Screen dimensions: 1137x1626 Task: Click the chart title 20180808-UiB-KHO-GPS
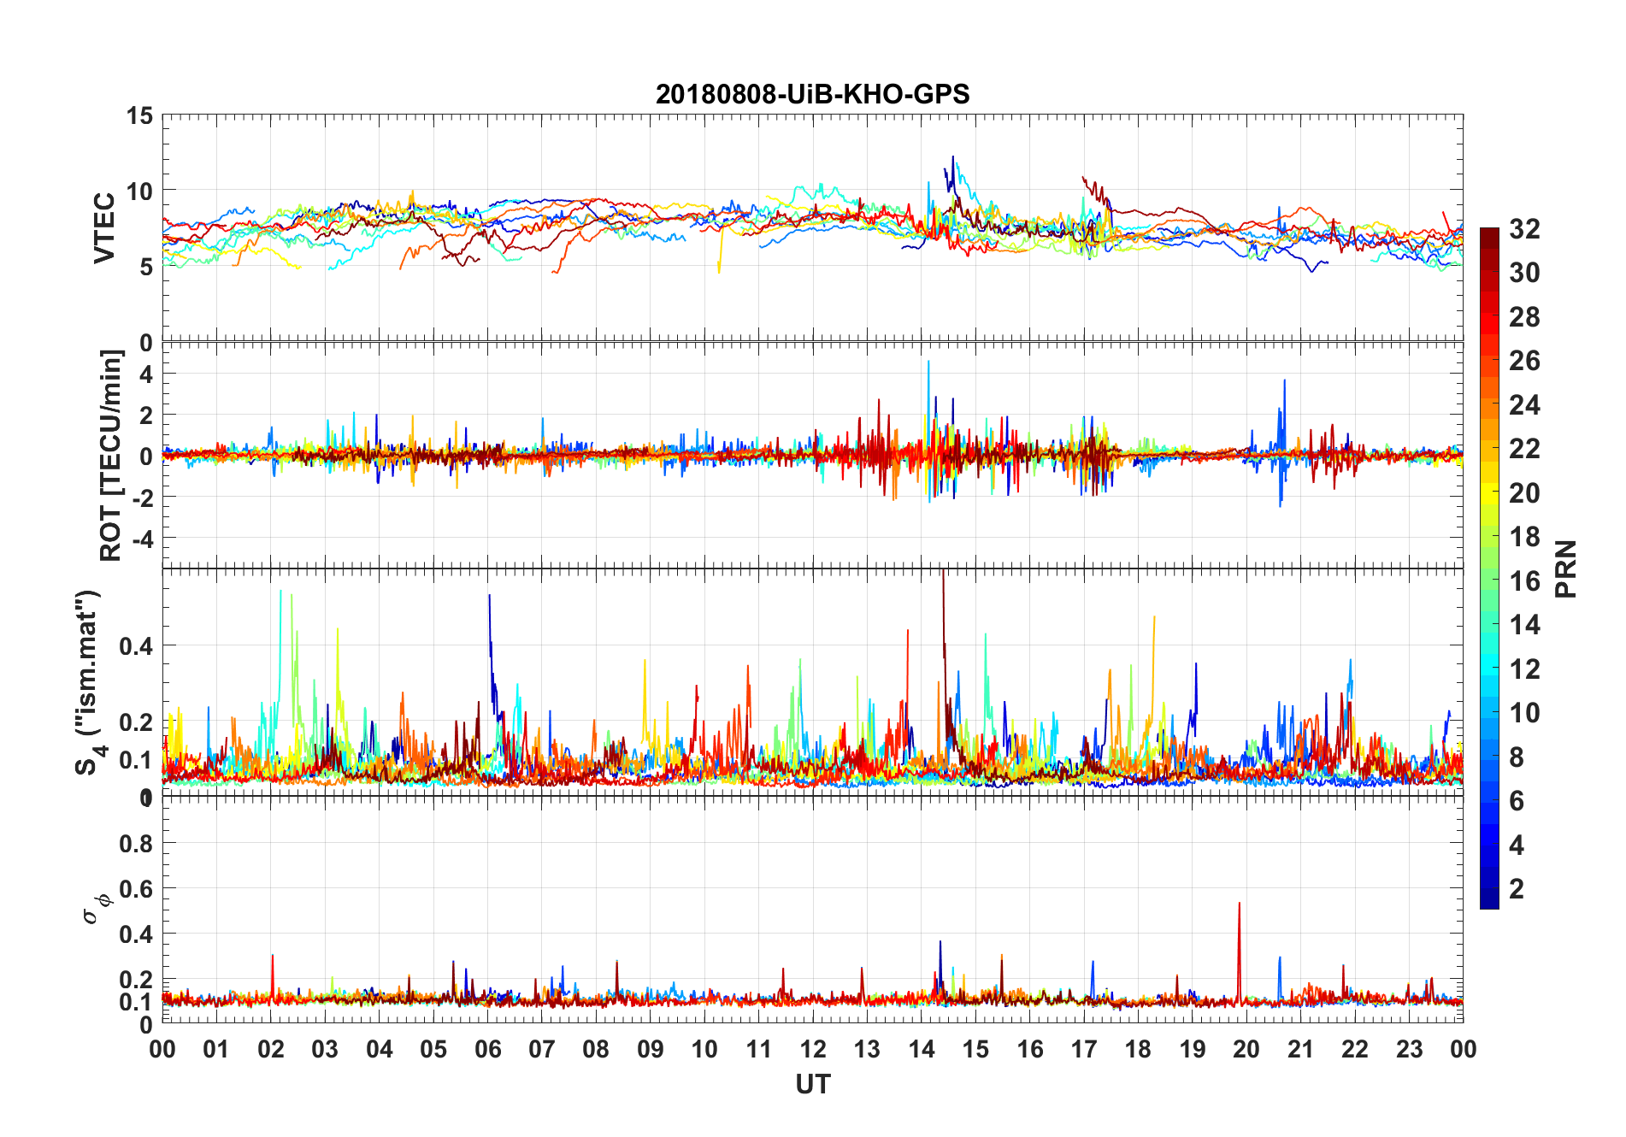812,94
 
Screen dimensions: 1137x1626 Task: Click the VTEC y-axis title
104,228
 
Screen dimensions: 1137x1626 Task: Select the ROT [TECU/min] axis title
111,455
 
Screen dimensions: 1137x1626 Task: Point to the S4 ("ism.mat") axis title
89,682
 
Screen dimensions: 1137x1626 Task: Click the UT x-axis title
812,1085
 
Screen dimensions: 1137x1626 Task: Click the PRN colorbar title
1565,568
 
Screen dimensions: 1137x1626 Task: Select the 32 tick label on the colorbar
1524,229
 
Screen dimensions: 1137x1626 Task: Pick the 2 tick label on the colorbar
1517,889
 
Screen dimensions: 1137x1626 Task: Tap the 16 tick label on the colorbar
1524,581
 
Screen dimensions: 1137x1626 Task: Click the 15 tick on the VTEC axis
139,115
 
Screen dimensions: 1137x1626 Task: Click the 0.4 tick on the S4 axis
136,646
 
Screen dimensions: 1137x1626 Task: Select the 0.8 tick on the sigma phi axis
136,844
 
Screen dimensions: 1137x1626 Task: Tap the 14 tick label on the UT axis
921,1050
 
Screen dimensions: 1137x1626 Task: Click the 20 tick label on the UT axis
1246,1050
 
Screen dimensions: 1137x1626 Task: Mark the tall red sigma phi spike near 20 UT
1239,904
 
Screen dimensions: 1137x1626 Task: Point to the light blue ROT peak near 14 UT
928,363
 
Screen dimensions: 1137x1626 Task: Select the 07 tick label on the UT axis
542,1050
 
